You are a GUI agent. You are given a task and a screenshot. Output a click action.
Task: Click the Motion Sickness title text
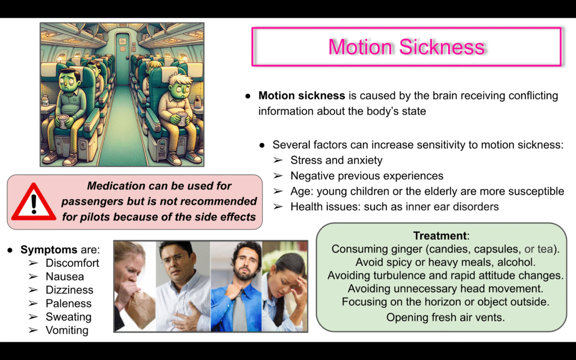(x=407, y=47)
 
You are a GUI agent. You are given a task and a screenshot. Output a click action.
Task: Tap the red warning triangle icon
(x=34, y=202)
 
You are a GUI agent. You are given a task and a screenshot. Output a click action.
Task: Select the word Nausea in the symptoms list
(x=65, y=277)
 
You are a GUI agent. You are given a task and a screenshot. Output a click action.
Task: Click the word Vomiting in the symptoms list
(x=67, y=330)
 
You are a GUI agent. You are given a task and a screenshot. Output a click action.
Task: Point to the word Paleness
(x=68, y=303)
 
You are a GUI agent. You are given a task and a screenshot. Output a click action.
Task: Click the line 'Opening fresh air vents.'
(x=445, y=317)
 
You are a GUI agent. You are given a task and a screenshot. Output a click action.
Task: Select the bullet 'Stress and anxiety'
(x=336, y=160)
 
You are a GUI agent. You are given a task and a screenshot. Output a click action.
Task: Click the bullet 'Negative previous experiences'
(x=367, y=176)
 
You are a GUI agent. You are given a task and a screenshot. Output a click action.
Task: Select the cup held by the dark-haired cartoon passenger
(x=63, y=121)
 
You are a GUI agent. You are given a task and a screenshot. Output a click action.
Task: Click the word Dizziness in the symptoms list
(x=69, y=290)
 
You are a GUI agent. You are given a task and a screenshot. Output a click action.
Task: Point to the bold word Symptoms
(x=49, y=250)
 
